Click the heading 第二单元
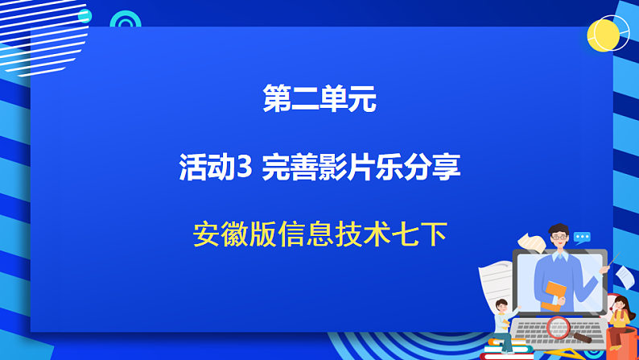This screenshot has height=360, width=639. (x=319, y=100)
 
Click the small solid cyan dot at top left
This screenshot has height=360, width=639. (x=85, y=16)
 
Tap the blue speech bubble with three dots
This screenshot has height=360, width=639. (x=582, y=238)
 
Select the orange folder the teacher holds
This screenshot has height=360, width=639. (x=553, y=295)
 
